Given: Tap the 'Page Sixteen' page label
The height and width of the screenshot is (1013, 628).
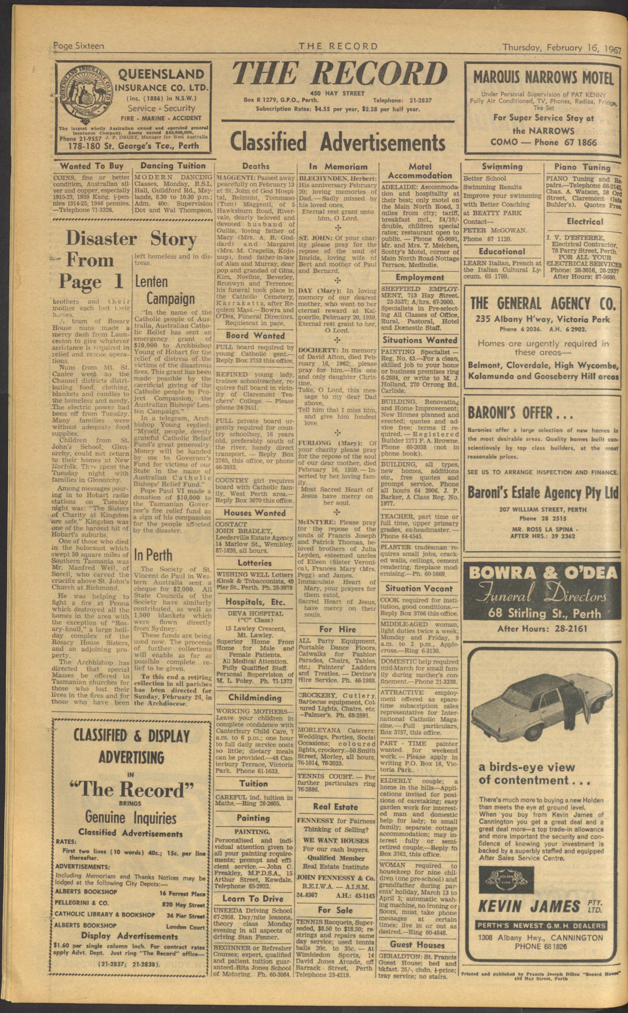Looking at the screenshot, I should tap(79, 46).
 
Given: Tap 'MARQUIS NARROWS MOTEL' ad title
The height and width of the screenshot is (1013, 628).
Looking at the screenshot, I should tap(544, 78).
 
